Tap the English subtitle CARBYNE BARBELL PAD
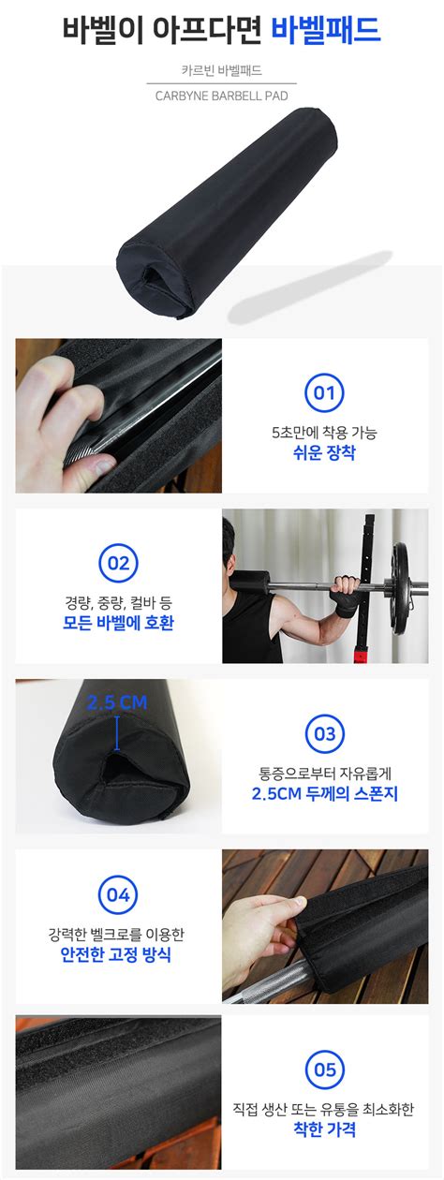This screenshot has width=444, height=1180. pyautogui.click(x=221, y=95)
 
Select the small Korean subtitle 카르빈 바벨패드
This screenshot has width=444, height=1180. pyautogui.click(x=221, y=70)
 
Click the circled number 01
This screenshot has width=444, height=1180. pyautogui.click(x=323, y=393)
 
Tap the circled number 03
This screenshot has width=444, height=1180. pyautogui.click(x=323, y=733)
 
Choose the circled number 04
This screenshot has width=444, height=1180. pyautogui.click(x=118, y=894)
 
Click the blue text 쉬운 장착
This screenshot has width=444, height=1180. pyautogui.click(x=323, y=453)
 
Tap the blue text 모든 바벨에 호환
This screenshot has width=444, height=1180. pyautogui.click(x=118, y=623)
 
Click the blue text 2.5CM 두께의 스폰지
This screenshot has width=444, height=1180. pyautogui.click(x=323, y=793)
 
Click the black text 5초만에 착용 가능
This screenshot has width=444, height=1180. pyautogui.click(x=323, y=433)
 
